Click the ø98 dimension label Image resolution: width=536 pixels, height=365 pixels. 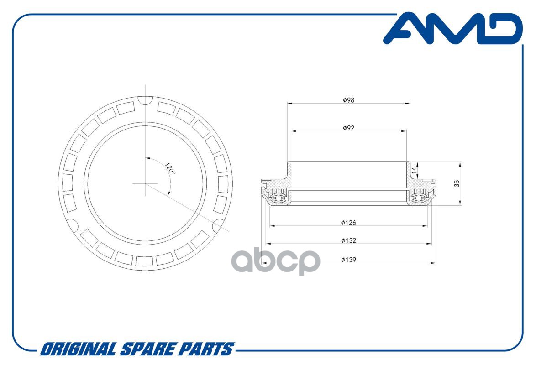click(x=348, y=100)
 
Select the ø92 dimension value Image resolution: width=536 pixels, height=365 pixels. click(x=348, y=128)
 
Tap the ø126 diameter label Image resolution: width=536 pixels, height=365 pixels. click(x=348, y=223)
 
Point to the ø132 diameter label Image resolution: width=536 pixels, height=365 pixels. click(x=348, y=240)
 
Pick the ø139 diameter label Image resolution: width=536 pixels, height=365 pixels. click(x=348, y=260)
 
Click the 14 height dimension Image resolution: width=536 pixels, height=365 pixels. click(x=415, y=170)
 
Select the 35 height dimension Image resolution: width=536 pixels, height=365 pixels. click(x=457, y=183)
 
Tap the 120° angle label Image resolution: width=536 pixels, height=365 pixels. click(x=170, y=168)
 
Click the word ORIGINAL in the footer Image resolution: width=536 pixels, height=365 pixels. click(x=78, y=349)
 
